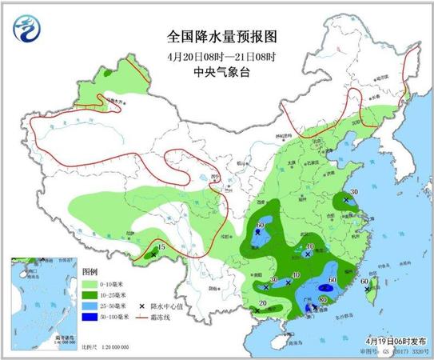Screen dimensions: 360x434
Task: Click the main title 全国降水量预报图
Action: coord(216,36)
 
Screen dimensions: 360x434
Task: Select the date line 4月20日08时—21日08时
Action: coord(216,55)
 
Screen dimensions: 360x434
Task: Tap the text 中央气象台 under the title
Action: coord(216,72)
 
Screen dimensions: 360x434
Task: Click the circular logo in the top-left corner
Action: coord(27,30)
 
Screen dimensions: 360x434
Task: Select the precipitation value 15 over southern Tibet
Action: coord(162,249)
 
